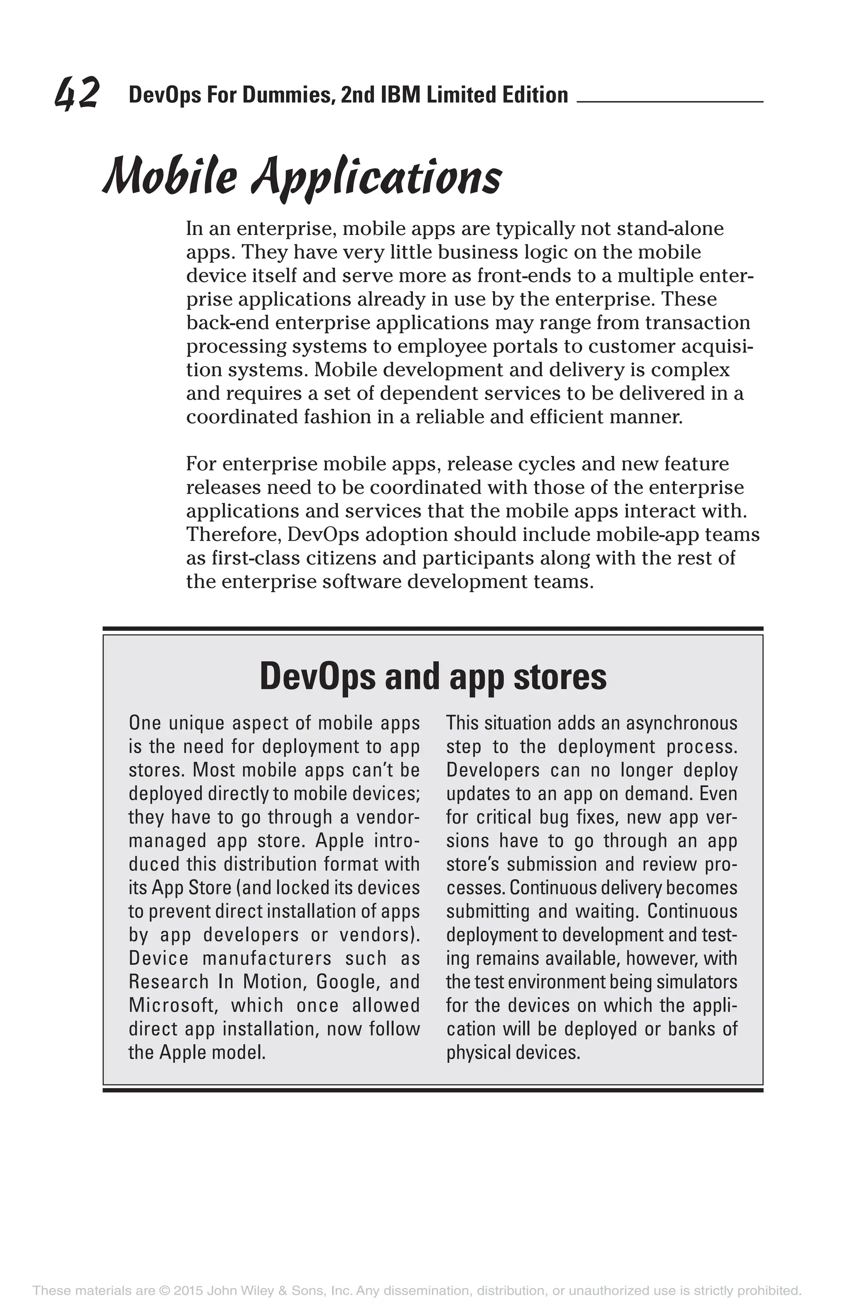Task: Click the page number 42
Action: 77,93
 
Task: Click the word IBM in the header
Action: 395,95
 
